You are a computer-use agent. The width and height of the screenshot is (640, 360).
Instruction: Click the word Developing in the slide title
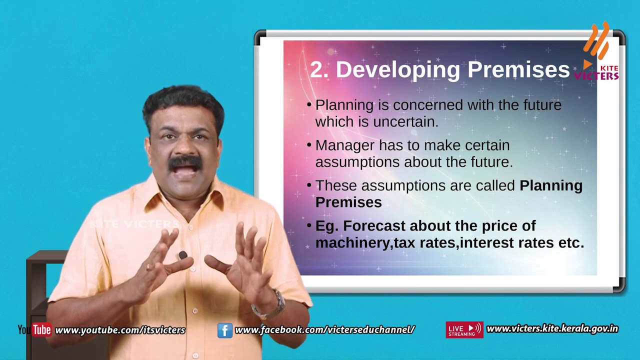click(397, 70)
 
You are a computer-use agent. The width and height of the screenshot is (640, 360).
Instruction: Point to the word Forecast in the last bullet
click(374, 225)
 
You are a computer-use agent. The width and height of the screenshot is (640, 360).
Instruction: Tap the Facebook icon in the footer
click(224, 330)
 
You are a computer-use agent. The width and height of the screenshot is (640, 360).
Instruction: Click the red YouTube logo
click(41, 329)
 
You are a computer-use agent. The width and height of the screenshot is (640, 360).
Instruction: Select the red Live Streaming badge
click(464, 329)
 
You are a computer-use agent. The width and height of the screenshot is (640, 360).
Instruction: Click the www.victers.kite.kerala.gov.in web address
click(552, 329)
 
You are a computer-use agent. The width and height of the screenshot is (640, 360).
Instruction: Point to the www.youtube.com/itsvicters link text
click(120, 330)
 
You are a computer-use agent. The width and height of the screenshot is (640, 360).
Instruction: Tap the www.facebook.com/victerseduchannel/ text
click(324, 329)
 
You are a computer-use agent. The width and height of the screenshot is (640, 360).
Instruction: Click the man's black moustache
click(185, 163)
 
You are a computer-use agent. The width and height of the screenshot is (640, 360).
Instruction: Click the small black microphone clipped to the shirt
click(183, 255)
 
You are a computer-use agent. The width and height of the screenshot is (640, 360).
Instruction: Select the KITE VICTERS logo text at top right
click(596, 73)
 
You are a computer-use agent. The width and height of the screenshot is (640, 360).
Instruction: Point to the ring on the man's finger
click(149, 267)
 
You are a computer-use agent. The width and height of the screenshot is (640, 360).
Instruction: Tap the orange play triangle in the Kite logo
click(587, 64)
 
